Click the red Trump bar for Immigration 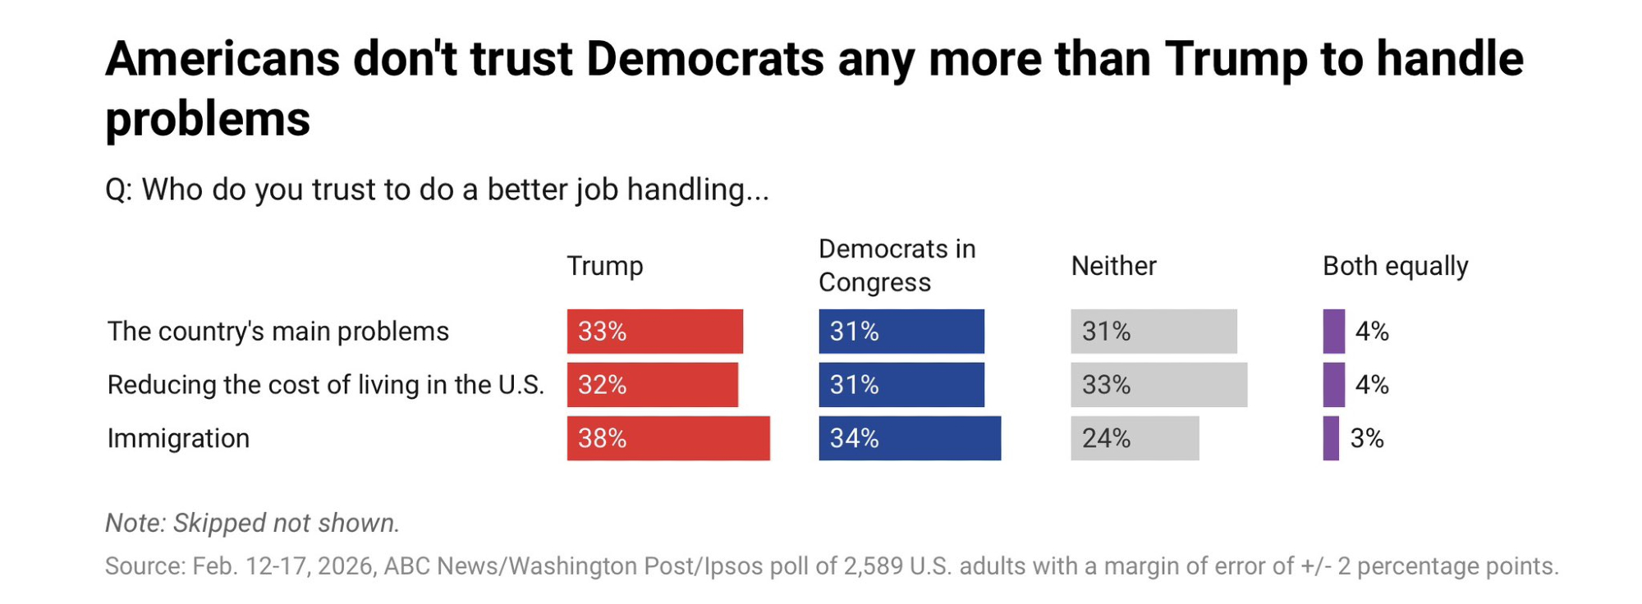coord(668,438)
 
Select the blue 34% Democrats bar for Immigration coord(910,438)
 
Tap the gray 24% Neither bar coord(1135,438)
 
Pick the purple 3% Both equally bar coord(1331,438)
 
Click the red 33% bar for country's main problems coord(654,332)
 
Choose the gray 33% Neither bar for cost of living coord(1158,385)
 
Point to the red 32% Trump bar coord(652,385)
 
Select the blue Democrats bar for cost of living coord(901,385)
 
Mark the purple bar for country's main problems coord(1333,332)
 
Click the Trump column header coord(605,266)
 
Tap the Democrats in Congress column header coord(897,265)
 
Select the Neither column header coord(1113,266)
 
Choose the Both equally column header coord(1395,266)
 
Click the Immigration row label coord(178,438)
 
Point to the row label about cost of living coord(326,385)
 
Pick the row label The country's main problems coord(278,332)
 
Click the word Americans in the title coord(222,59)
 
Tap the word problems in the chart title coord(208,119)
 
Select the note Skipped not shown coord(252,523)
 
